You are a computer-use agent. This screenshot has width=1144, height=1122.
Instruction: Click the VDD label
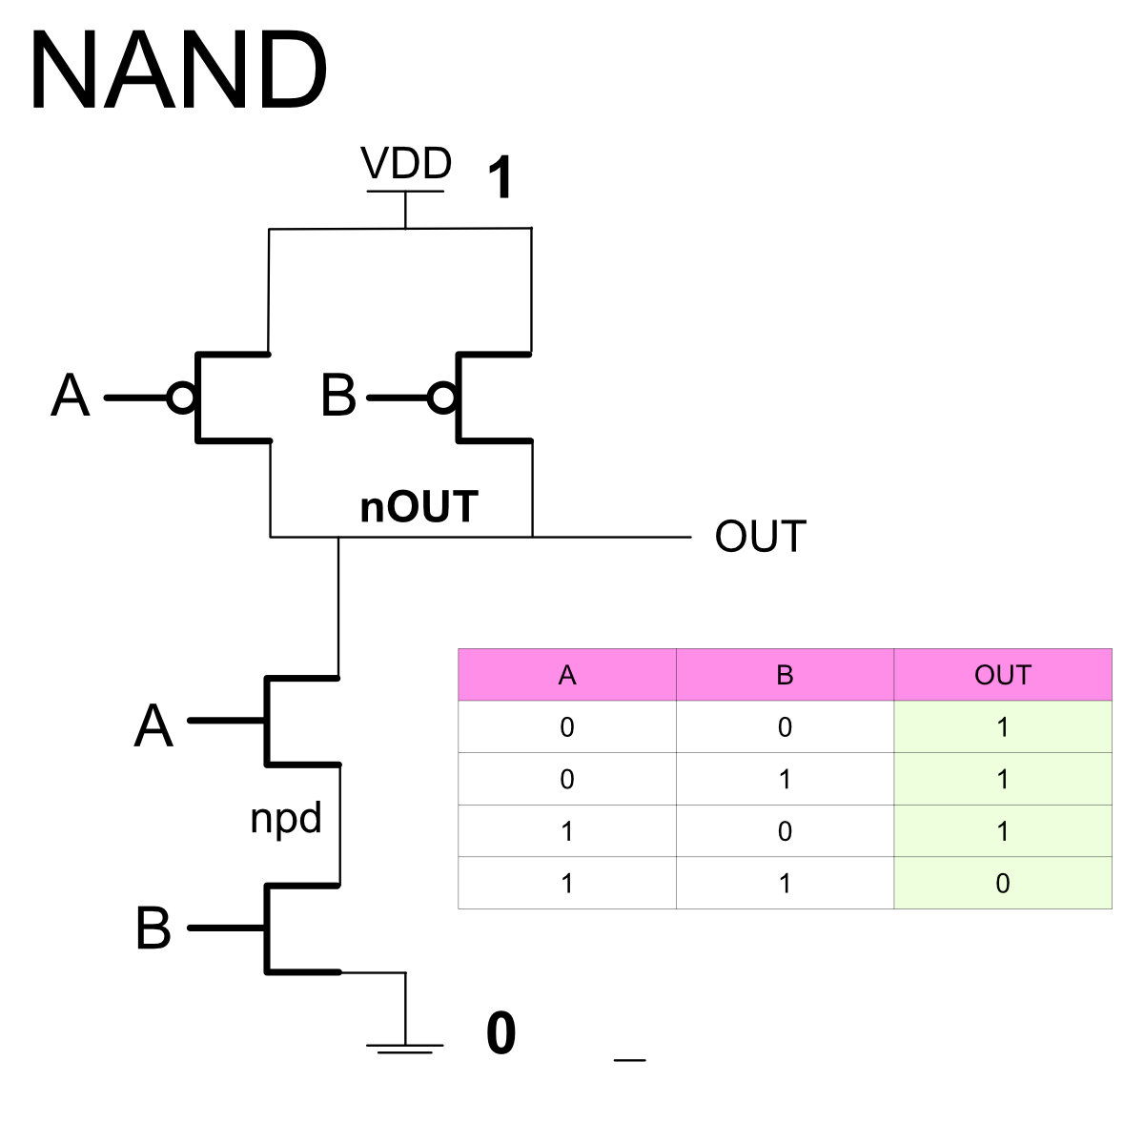pos(405,164)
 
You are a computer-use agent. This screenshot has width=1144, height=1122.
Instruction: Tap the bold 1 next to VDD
pos(500,178)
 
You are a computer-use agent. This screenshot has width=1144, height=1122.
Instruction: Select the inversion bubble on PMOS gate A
pos(181,397)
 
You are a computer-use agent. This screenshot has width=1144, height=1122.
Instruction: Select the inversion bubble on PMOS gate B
pos(442,397)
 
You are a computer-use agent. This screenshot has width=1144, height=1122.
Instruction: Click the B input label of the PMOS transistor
pos(338,397)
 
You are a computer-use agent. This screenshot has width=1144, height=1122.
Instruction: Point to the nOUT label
pos(419,507)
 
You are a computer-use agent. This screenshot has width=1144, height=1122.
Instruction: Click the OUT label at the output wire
pos(760,537)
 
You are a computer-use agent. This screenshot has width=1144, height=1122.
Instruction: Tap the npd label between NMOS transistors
pos(285,818)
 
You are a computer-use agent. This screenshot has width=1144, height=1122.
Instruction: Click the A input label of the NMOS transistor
pos(153,726)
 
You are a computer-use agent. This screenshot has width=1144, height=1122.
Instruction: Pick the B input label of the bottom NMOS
pos(153,928)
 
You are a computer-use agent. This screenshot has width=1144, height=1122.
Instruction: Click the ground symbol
pos(405,1048)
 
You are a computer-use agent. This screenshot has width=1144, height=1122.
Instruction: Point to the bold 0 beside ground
pos(500,1034)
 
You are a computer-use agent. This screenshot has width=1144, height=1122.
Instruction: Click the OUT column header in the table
pos(1002,675)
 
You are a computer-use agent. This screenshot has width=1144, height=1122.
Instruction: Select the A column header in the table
pos(567,675)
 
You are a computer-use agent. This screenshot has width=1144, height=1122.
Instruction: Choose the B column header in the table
pos(785,675)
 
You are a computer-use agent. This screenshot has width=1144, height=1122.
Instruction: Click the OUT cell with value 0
pos(1002,884)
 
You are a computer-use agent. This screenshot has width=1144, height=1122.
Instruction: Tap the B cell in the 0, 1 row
pos(785,780)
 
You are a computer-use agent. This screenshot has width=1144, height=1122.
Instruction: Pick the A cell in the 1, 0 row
pos(567,831)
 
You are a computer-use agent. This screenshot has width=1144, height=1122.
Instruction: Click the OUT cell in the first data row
pos(1002,727)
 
